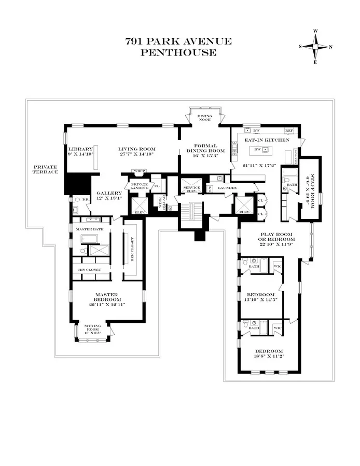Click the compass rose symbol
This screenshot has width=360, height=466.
pos(315,46)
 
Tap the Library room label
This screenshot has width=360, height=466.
pos(80,149)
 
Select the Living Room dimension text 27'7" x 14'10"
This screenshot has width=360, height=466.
pos(136,154)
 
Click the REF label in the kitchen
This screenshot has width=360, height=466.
pos(289,131)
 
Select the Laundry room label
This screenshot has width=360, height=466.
pos(227,188)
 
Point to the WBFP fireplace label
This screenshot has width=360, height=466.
pos(140,171)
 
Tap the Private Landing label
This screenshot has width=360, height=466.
pos(139,186)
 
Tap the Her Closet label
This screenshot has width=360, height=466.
pos(132,252)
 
